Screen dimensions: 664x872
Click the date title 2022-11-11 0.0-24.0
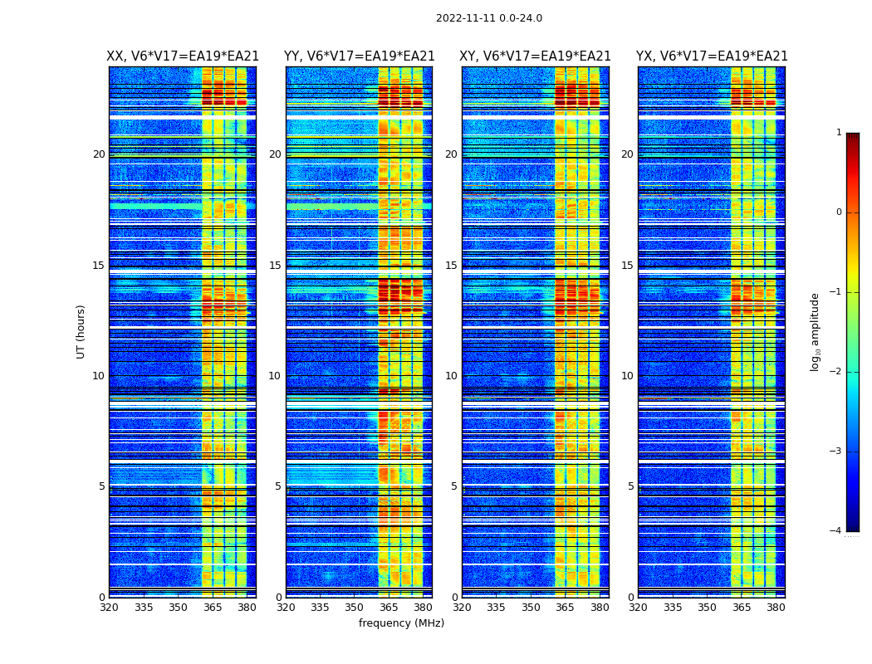coord(488,18)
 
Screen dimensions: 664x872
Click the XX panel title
coord(183,56)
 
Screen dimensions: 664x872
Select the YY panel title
coord(359,56)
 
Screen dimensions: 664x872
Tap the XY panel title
coord(536,56)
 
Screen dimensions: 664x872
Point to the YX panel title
coord(712,56)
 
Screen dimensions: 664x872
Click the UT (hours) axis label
coord(81,331)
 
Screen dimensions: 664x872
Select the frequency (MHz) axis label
coord(401,623)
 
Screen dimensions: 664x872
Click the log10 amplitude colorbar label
coord(816,331)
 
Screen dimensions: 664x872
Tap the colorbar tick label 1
coord(839,133)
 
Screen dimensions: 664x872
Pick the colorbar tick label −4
coord(835,531)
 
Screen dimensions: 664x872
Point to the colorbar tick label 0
coord(839,212)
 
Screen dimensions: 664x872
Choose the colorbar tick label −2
coord(835,372)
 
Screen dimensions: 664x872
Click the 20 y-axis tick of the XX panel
coord(99,154)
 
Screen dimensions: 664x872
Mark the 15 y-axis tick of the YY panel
coord(275,266)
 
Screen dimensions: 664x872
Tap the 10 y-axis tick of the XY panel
coord(451,376)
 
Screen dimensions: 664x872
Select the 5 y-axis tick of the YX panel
coord(630,486)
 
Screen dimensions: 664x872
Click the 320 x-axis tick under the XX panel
coord(109,608)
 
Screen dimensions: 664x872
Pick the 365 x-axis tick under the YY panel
coord(389,608)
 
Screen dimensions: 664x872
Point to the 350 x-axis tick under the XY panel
coord(531,608)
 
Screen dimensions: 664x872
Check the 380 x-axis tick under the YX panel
coord(776,608)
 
